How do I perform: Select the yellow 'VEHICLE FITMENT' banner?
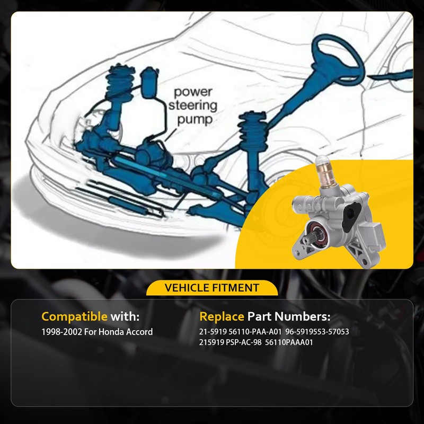[212, 288]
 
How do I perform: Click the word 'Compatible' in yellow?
[74, 316]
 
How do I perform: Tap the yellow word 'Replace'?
[222, 316]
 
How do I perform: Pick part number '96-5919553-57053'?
[317, 332]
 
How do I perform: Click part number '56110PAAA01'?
[290, 342]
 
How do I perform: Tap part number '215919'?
[211, 342]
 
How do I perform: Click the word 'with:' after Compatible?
[125, 316]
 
